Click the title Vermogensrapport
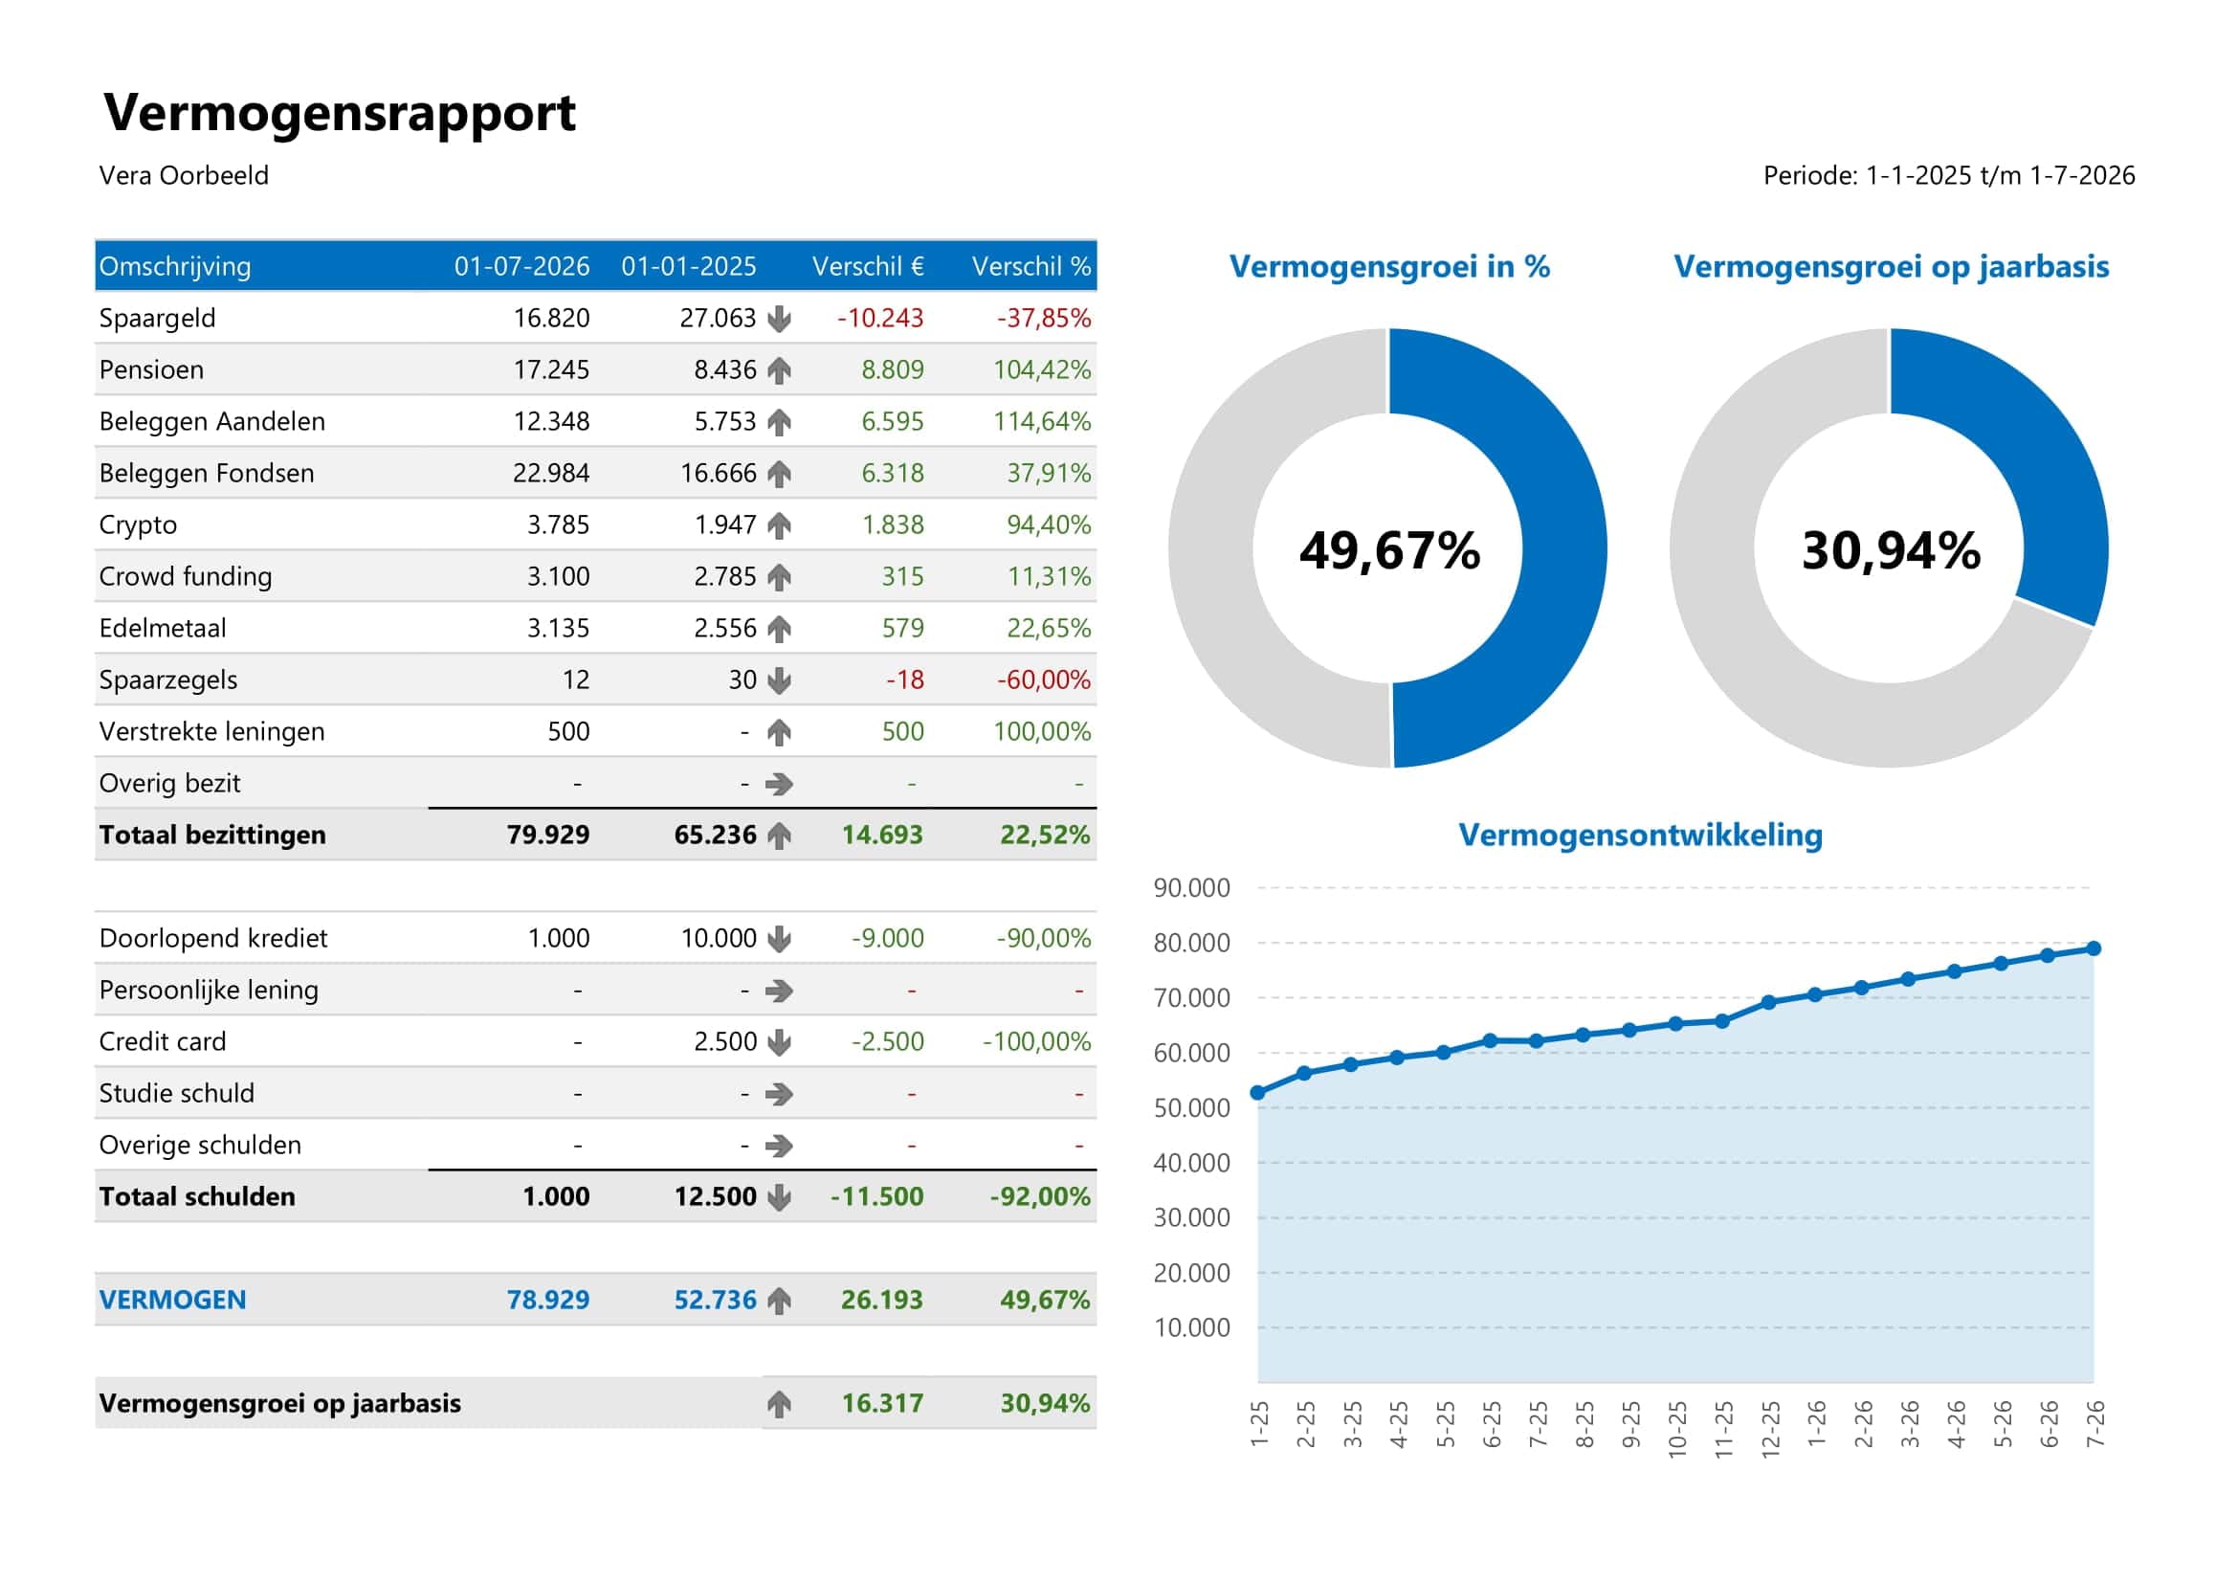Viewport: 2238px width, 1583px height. coord(340,113)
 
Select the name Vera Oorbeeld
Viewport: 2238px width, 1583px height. coord(184,175)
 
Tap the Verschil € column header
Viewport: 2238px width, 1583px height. coord(868,266)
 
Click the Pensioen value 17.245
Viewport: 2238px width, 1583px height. coord(551,369)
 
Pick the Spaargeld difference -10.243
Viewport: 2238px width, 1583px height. coord(879,318)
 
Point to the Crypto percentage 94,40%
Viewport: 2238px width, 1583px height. coord(1048,524)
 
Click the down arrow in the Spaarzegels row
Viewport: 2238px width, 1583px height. coord(779,680)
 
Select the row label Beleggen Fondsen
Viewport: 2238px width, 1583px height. coord(206,473)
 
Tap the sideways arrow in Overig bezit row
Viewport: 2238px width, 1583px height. coord(779,784)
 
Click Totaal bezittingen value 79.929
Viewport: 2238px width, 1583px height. coord(548,835)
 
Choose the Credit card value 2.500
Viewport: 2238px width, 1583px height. coord(724,1041)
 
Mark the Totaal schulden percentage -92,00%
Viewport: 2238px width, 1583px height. coord(1039,1196)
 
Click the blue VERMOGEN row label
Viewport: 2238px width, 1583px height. coord(172,1300)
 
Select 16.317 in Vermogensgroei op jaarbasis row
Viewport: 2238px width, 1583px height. coord(881,1403)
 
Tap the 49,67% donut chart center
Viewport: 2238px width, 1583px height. coord(1389,549)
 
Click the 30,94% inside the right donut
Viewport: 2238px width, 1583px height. coord(1890,549)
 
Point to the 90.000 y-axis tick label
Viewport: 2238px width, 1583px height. coord(1191,888)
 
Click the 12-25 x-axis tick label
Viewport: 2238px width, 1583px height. coord(1770,1429)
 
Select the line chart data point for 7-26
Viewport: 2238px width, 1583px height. coord(2093,948)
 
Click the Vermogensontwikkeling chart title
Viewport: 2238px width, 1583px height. coord(1640,835)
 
